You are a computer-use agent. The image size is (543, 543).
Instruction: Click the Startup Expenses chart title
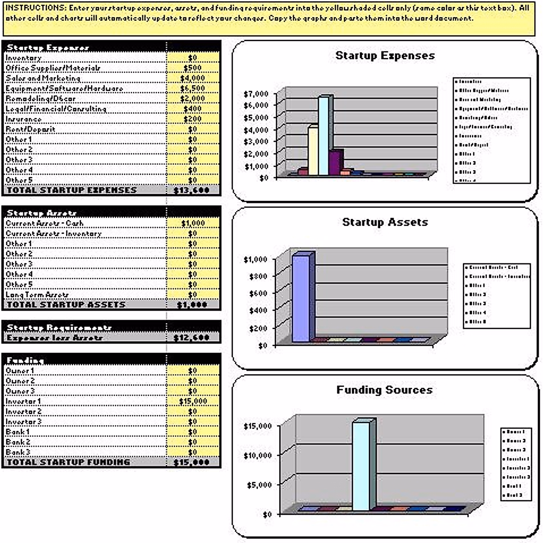pos(385,56)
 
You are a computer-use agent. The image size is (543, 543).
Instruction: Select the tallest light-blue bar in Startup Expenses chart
pos(324,136)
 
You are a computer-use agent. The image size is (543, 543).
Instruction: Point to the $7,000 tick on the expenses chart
pos(256,94)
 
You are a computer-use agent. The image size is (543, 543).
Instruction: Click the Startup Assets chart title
pos(385,222)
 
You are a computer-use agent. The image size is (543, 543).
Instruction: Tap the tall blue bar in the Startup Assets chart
pos(301,299)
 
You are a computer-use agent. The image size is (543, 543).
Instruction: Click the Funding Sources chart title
pos(385,390)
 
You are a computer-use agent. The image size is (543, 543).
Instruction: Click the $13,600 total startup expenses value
pos(192,191)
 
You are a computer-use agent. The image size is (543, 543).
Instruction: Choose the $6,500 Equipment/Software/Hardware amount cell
pos(193,88)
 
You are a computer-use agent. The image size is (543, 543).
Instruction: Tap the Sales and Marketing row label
pos(43,78)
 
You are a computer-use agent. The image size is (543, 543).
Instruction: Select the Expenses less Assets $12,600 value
pos(192,338)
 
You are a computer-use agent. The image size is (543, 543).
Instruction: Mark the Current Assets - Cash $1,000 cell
pos(193,223)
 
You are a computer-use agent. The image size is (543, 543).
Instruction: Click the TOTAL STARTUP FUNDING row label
pos(68,462)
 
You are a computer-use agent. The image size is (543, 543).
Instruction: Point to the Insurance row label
pos(24,119)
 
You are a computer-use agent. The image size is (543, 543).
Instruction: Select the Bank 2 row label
pos(18,442)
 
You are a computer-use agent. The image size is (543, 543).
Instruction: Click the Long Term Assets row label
pos(37,295)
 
